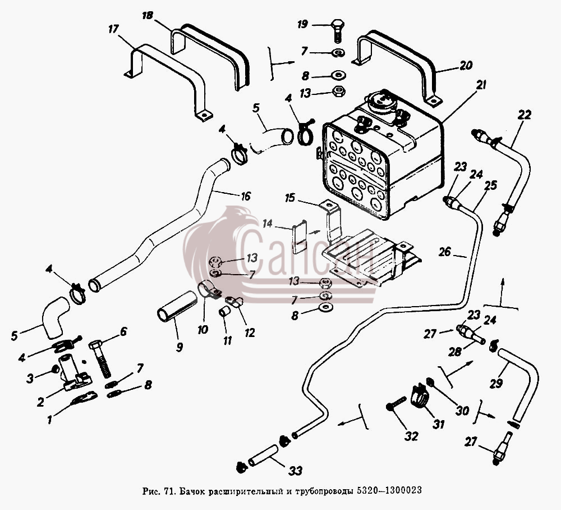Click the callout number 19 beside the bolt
coord(303,25)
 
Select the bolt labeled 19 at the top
coord(337,31)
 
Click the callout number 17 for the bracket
coord(113,29)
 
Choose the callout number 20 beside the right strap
coord(466,66)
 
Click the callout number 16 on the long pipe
coord(246,196)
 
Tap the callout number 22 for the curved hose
coord(524,115)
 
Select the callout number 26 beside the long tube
coord(445,252)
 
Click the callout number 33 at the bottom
coord(296,470)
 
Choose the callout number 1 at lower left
coord(50,419)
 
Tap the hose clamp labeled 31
coord(420,396)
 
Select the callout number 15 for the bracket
coord(290,197)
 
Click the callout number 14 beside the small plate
coord(267,224)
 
